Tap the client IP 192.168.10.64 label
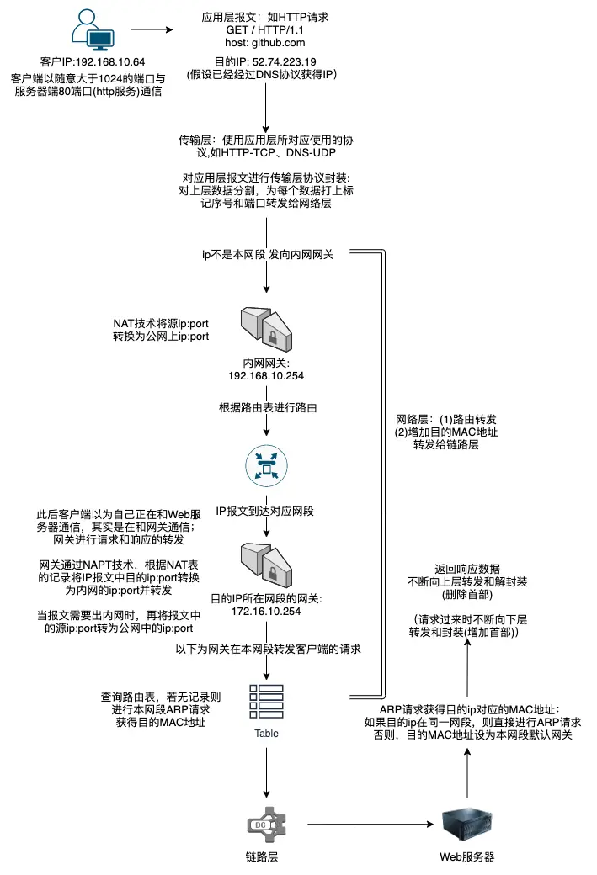(x=92, y=62)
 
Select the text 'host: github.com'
(x=265, y=41)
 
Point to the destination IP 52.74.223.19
(x=276, y=61)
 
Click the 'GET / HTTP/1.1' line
(x=265, y=29)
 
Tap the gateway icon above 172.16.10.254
(x=266, y=564)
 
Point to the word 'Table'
(x=266, y=733)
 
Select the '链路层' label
(x=266, y=856)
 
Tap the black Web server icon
(x=466, y=824)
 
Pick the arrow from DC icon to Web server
(x=370, y=825)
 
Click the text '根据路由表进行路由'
(x=266, y=408)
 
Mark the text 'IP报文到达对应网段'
(x=266, y=510)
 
